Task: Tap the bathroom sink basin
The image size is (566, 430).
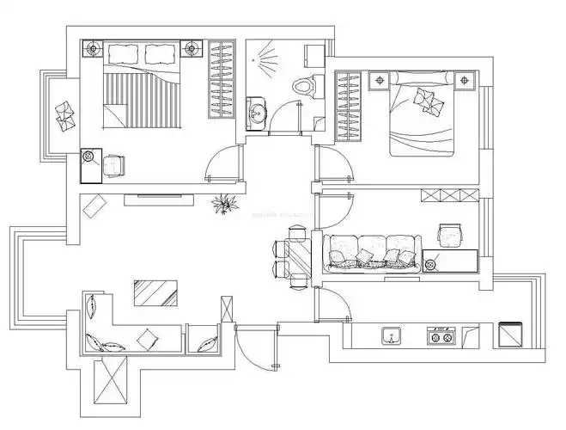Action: click(257, 113)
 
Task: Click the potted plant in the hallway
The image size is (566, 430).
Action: click(225, 205)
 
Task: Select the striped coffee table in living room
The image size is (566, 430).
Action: click(155, 292)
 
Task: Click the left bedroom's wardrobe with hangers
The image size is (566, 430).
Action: click(221, 79)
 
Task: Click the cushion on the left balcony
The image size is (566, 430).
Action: click(64, 114)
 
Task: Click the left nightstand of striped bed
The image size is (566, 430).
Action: click(93, 50)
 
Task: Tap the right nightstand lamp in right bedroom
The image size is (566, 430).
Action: click(466, 81)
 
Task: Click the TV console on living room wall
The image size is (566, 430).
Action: click(158, 200)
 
